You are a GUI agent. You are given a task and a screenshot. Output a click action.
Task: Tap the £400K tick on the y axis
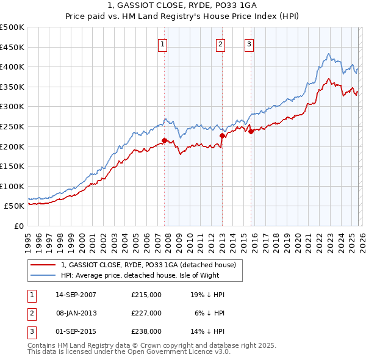12,67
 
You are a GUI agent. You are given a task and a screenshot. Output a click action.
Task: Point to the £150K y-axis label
12,166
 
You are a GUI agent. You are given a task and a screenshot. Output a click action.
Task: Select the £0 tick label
18,226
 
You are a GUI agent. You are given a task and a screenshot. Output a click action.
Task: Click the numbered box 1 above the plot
163,43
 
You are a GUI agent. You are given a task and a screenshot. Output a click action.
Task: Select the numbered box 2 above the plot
220,43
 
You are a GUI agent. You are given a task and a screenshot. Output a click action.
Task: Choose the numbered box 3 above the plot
249,43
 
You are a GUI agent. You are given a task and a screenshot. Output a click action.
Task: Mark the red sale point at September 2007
164,140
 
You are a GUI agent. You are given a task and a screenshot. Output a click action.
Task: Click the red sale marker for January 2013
221,135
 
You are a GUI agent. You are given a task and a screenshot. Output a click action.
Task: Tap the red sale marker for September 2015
250,131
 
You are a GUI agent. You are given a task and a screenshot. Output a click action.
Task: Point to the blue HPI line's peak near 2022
328,54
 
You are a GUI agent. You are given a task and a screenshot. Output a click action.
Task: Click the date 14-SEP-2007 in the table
76,295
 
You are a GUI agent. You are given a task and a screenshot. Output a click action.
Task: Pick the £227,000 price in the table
146,313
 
